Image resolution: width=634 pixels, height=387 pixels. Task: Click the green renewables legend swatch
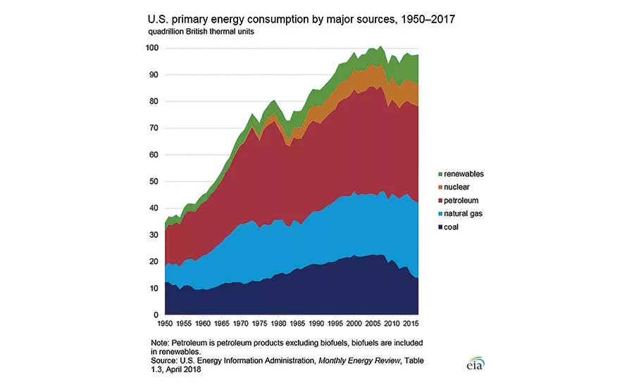[x=440, y=174]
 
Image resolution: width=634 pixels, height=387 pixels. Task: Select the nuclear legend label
[x=456, y=187]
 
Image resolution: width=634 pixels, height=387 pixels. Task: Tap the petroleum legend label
[x=461, y=201]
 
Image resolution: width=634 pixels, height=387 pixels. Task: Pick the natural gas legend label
[x=463, y=214]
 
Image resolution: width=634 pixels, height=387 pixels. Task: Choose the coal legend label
[x=451, y=227]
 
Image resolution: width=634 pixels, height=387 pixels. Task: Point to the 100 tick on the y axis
[x=152, y=48]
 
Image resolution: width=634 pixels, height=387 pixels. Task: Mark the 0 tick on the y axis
[x=156, y=315]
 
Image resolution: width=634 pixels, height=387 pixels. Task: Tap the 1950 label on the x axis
[x=165, y=324]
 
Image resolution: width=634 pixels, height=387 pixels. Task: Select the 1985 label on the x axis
[x=297, y=324]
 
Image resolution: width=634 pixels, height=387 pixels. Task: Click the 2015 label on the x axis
[x=411, y=324]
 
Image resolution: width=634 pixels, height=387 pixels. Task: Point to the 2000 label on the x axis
[x=354, y=324]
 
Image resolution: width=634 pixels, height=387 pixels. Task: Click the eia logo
[x=475, y=364]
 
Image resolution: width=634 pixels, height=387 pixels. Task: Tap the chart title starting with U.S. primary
[x=302, y=19]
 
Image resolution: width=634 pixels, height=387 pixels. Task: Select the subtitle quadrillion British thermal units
[x=201, y=32]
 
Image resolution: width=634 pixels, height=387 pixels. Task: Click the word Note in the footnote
[x=160, y=343]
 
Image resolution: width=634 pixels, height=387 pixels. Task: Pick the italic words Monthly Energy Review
[x=359, y=361]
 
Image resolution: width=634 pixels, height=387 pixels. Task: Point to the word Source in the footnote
[x=163, y=361]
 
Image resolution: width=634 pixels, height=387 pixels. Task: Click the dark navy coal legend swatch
[x=440, y=227]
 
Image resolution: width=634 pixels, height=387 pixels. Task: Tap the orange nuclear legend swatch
[x=440, y=187]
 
